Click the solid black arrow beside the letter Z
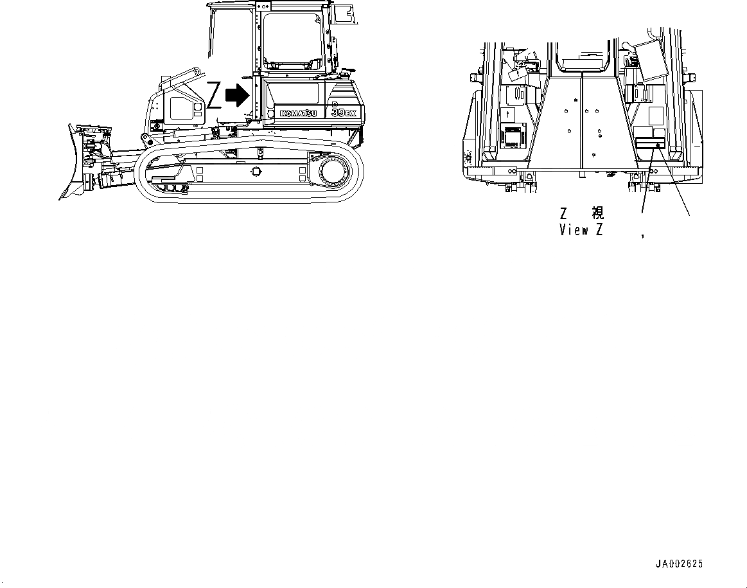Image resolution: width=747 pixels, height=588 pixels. pos(238,96)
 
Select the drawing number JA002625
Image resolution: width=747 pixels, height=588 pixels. pos(679,564)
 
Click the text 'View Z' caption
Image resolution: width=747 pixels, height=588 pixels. pos(581,229)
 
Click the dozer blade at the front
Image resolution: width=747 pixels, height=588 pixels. pos(72,161)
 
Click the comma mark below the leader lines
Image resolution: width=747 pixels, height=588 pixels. pos(642,236)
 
